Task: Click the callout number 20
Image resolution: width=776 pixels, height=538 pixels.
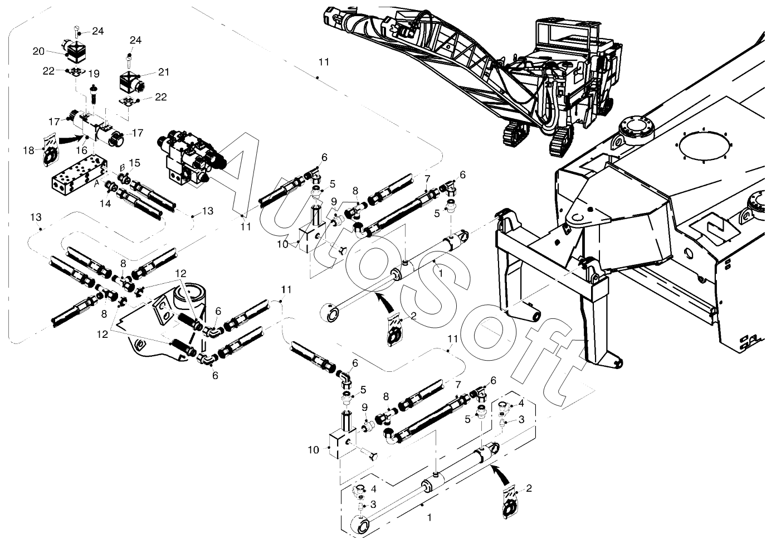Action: click(x=38, y=51)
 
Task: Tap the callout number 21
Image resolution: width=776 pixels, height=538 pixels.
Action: click(x=164, y=72)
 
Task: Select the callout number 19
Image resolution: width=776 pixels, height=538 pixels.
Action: click(x=94, y=74)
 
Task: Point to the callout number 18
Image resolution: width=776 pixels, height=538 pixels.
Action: click(x=29, y=151)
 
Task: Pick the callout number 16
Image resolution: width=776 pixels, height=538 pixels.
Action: click(x=82, y=150)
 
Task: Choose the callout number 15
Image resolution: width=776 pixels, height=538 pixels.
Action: click(x=134, y=163)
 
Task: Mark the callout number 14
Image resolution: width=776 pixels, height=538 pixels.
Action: click(x=105, y=203)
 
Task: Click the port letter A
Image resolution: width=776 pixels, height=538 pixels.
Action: click(x=97, y=185)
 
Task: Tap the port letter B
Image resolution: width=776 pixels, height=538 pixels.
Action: click(x=122, y=168)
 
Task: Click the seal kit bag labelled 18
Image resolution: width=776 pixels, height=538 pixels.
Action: click(x=51, y=150)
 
